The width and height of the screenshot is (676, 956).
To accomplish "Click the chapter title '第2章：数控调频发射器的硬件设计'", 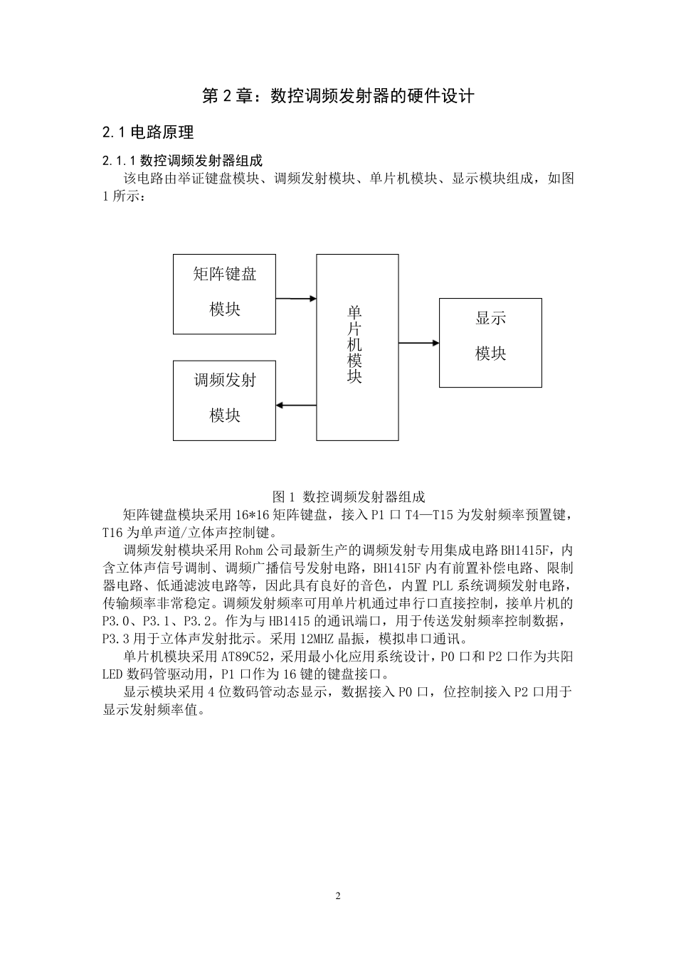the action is pos(338,96).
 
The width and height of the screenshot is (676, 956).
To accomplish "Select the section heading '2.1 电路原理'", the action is pos(148,132).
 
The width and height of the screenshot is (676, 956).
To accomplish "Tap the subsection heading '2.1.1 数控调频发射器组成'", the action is pos(182,160).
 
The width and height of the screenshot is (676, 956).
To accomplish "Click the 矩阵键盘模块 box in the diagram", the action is pos(224,293).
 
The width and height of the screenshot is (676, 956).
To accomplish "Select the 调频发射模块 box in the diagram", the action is pos(224,400).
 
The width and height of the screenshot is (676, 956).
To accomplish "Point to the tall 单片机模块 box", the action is pos(357,347).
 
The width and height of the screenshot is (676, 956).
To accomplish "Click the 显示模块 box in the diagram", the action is pos(490,342).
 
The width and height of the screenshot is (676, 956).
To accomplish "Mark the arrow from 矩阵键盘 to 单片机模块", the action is pos(296,299).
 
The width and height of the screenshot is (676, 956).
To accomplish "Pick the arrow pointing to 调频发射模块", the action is pos(296,405).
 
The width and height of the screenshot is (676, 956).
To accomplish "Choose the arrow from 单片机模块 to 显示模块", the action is pos(418,343).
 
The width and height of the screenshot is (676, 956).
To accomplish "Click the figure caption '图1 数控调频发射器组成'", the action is pos(349,496).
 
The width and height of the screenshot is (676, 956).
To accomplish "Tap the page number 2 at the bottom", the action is pos(338,896).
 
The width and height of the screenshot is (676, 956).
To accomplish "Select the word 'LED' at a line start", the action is pos(112,674).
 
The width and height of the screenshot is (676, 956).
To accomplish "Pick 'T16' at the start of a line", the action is pos(112,532).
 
